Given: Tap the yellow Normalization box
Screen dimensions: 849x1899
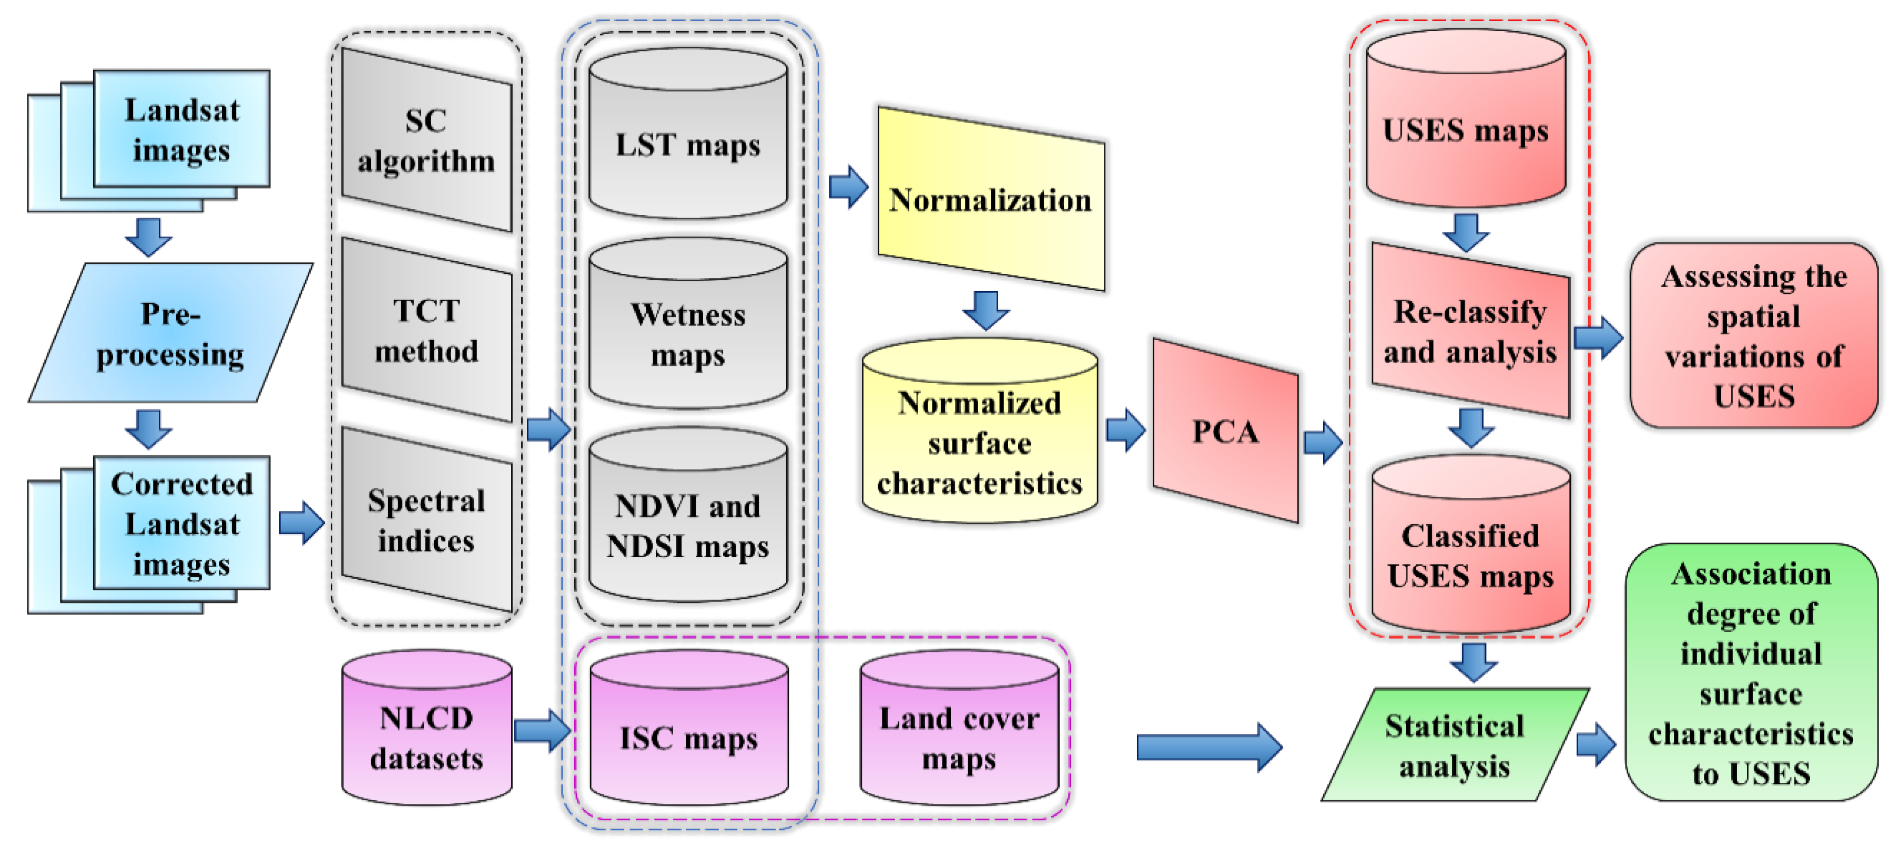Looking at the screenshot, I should click(x=990, y=199).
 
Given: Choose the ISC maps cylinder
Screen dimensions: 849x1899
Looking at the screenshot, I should click(x=688, y=737).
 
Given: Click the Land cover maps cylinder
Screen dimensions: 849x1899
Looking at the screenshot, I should click(x=959, y=737).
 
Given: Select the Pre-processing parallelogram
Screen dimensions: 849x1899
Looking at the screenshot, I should click(x=170, y=333).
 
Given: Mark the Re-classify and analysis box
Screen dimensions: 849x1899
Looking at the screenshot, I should click(x=1470, y=332).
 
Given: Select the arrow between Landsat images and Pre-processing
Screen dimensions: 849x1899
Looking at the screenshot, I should click(x=148, y=236).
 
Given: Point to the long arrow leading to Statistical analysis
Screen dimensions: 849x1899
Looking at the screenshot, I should click(x=1209, y=746).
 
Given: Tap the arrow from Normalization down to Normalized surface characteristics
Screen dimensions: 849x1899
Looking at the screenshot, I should click(x=986, y=310).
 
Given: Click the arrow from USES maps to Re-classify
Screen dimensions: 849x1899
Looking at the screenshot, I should click(x=1466, y=232).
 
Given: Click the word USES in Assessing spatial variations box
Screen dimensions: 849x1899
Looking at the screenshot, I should click(x=1754, y=396).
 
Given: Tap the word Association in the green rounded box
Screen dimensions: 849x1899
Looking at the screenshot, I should click(x=1751, y=574).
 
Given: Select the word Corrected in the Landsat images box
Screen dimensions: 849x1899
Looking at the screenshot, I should click(x=181, y=484).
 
